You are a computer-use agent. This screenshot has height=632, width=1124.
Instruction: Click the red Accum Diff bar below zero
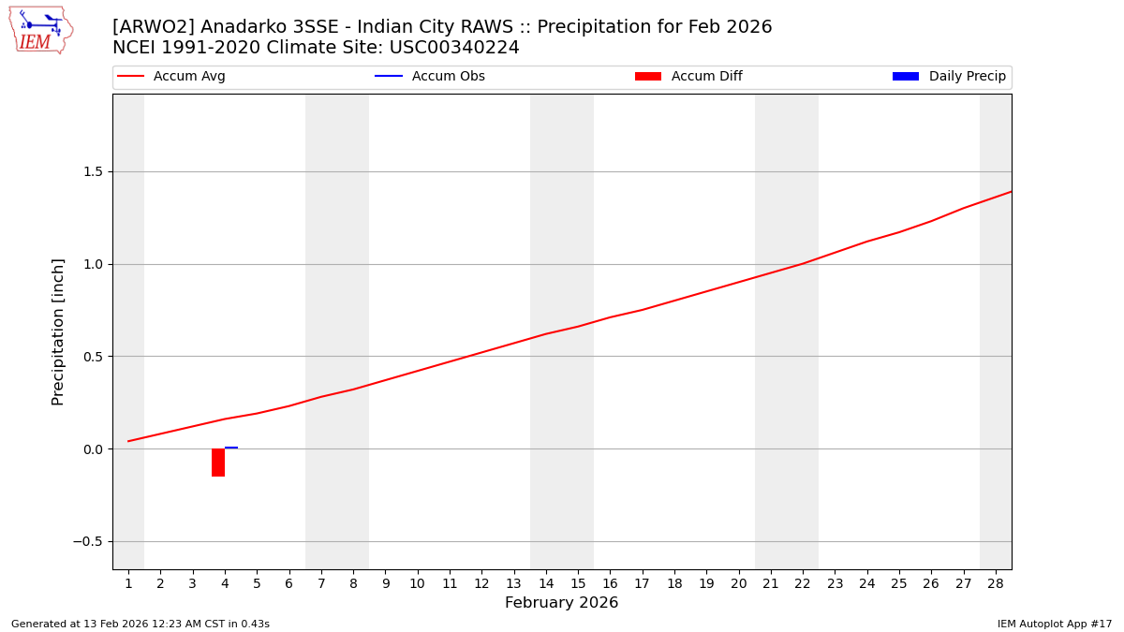tap(218, 463)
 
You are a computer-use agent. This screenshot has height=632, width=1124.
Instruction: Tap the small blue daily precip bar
tap(231, 448)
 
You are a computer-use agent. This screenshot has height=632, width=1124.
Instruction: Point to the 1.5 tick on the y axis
tap(92, 172)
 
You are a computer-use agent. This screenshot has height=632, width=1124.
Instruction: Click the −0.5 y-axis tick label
tap(87, 542)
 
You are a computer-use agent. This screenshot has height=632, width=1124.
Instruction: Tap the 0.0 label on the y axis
tap(92, 449)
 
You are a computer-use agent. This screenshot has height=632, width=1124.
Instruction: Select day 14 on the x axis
tap(545, 583)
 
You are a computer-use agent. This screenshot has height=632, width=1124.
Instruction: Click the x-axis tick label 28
tap(995, 583)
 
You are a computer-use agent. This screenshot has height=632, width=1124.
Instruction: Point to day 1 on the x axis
tap(128, 583)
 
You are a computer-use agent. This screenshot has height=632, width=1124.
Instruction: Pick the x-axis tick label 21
tap(770, 583)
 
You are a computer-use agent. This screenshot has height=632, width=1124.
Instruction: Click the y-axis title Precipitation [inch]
tap(58, 331)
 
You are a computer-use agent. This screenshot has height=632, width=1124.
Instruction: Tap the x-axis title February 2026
tap(561, 603)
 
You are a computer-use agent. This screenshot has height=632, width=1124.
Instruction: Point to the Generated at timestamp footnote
tap(140, 624)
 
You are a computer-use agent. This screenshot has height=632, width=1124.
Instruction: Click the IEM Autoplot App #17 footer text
tap(1054, 624)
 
